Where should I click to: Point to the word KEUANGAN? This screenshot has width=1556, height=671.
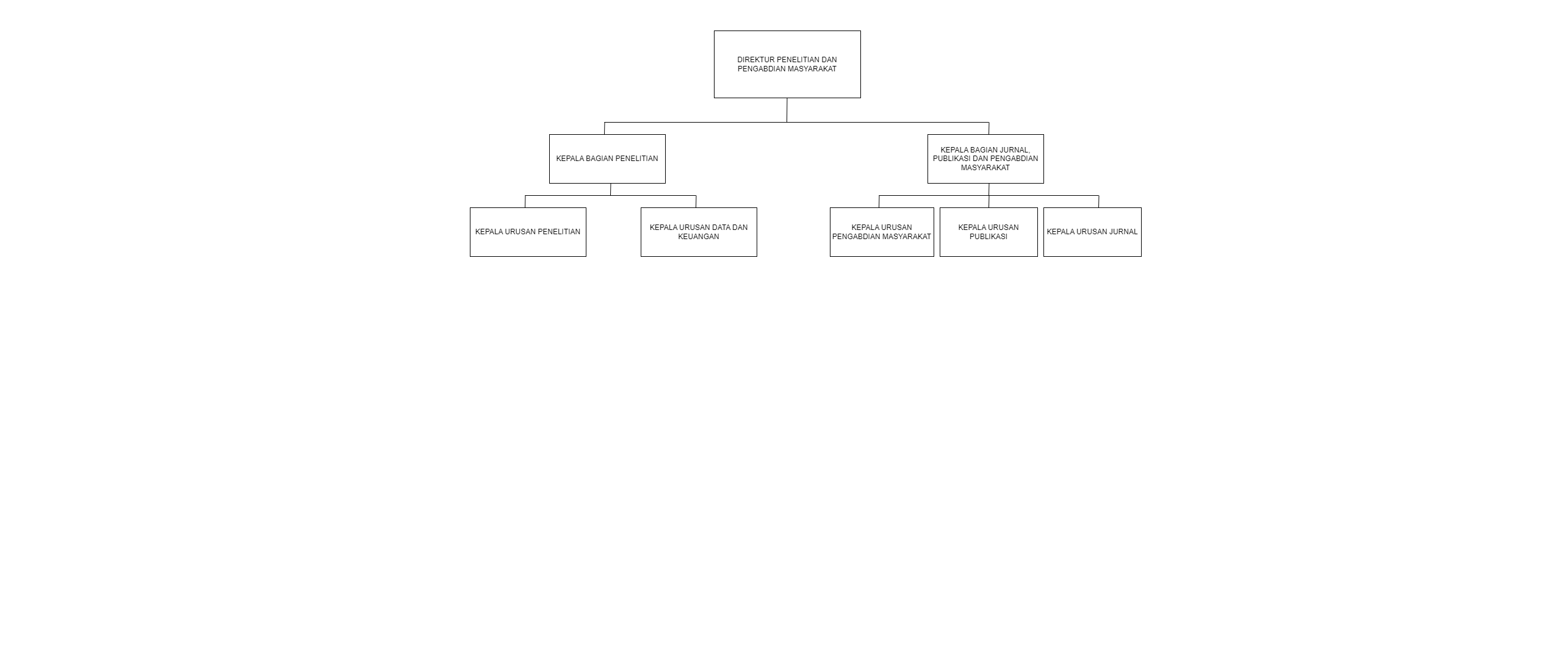pyautogui.click(x=699, y=237)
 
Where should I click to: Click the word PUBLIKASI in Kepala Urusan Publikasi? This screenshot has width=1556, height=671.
pyautogui.click(x=989, y=237)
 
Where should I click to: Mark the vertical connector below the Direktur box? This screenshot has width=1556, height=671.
pyautogui.click(x=787, y=110)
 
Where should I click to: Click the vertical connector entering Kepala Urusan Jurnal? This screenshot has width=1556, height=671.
pyautogui.click(x=1098, y=201)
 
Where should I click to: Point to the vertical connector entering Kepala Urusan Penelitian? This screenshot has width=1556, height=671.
pyautogui.click(x=525, y=201)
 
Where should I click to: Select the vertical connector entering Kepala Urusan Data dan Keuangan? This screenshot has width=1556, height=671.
pyautogui.click(x=696, y=201)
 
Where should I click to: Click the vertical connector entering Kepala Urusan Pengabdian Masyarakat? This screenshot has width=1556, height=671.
pyautogui.click(x=879, y=201)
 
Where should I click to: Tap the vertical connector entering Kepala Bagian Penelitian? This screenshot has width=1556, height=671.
pyautogui.click(x=604, y=128)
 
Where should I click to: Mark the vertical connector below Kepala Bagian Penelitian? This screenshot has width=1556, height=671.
pyautogui.click(x=610, y=189)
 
